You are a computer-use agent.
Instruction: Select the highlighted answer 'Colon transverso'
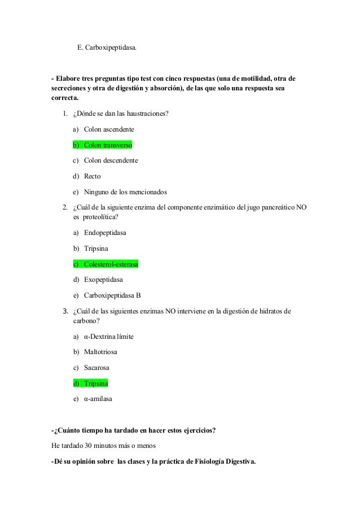(108, 145)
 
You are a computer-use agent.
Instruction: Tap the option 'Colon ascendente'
(109, 130)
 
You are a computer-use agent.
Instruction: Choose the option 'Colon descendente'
(111, 160)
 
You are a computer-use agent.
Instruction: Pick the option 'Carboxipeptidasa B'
(112, 294)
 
